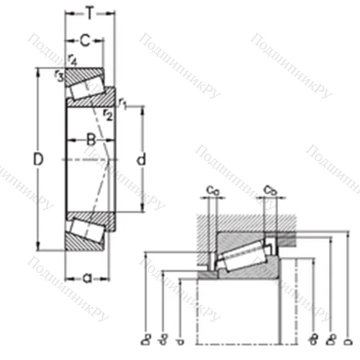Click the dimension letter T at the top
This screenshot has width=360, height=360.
coord(89,13)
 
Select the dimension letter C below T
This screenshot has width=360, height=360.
coord(85,40)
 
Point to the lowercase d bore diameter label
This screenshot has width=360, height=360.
coord(141,159)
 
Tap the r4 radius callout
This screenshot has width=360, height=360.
coord(71,60)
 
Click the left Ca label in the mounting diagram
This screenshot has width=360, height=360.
coord(214,190)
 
